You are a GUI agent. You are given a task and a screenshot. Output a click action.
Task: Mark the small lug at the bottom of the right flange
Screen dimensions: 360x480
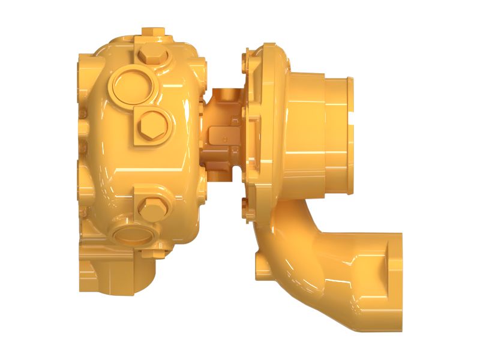245,208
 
